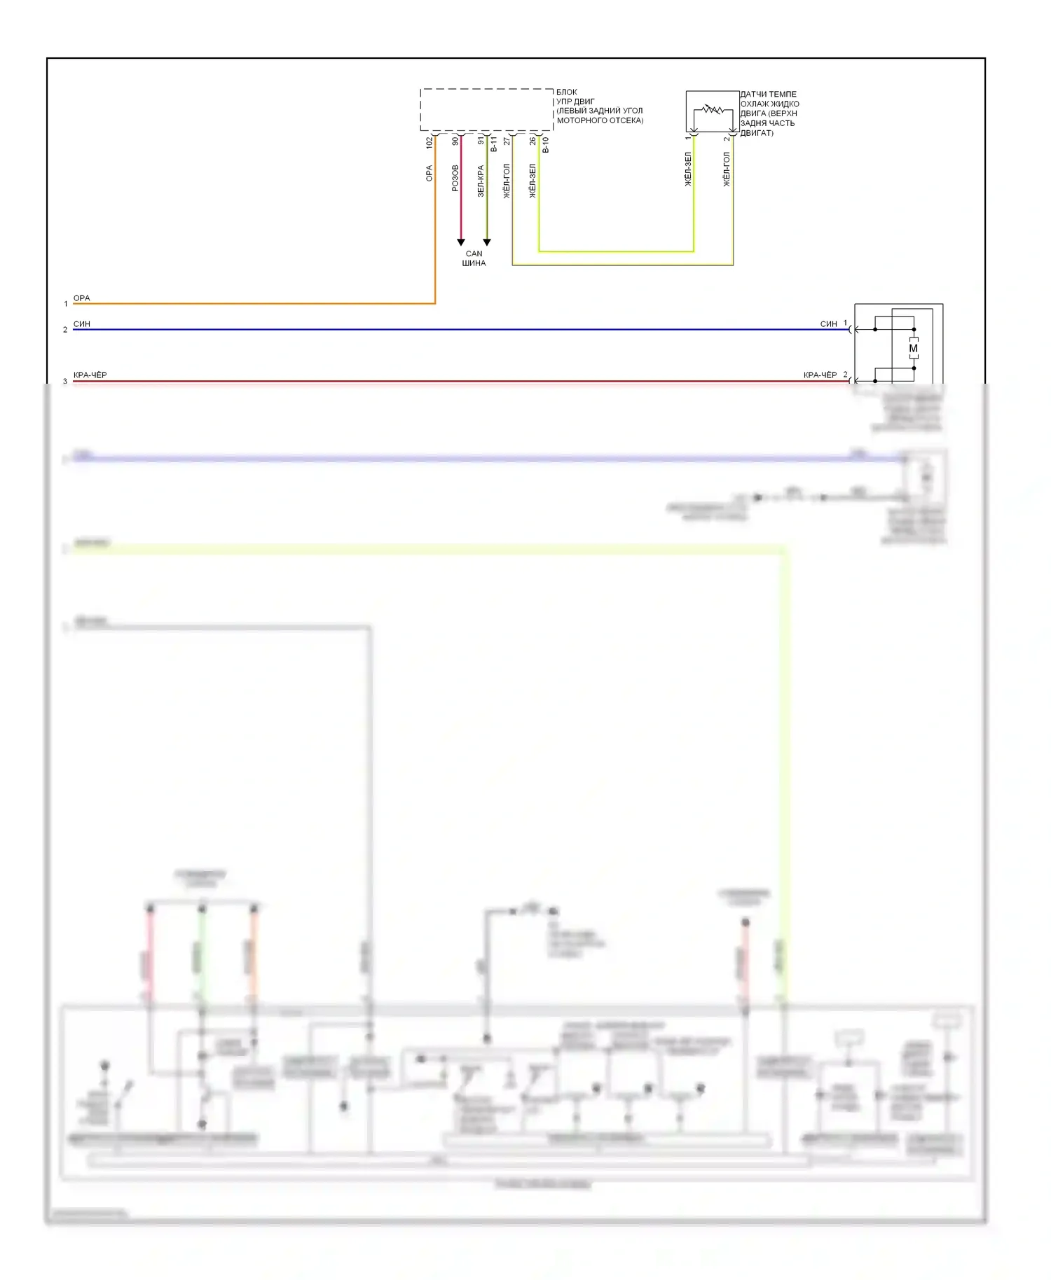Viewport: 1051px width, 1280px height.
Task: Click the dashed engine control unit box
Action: pos(486,109)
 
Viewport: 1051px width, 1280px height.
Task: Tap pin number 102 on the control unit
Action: pos(429,142)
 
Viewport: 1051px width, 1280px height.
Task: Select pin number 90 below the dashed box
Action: pos(455,141)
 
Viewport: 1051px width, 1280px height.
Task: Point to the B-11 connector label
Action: pos(493,144)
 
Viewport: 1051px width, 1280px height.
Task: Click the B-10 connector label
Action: pos(545,145)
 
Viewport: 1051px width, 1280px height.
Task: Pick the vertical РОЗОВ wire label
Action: pos(455,178)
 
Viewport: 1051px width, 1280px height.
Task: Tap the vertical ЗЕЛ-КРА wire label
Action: pos(480,181)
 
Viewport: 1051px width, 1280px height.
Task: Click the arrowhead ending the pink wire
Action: pos(460,242)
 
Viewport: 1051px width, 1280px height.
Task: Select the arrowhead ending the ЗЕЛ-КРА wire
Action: pos(487,242)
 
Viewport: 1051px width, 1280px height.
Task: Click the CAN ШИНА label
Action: pos(474,258)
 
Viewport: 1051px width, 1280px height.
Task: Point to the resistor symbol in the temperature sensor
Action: pos(713,109)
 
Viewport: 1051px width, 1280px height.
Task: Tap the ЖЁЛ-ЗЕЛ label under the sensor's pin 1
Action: pos(687,169)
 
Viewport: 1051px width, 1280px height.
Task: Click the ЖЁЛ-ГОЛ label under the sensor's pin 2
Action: pos(727,169)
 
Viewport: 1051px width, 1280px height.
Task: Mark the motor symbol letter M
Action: pos(913,348)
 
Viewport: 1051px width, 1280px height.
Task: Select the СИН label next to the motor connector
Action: pos(828,324)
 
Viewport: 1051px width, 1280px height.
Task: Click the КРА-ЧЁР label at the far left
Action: pos(90,375)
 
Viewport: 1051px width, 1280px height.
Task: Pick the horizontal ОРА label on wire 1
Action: pos(82,298)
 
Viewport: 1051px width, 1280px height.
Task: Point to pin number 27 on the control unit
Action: pos(507,141)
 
